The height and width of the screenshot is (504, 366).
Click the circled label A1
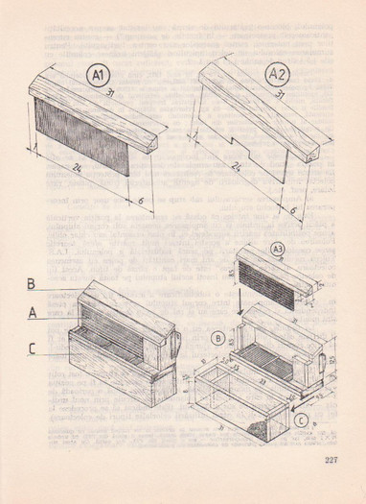click(x=98, y=75)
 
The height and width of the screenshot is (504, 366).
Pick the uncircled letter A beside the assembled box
click(x=32, y=313)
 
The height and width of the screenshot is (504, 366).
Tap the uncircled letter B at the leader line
click(x=32, y=284)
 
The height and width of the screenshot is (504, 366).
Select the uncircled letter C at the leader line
click(x=32, y=349)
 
